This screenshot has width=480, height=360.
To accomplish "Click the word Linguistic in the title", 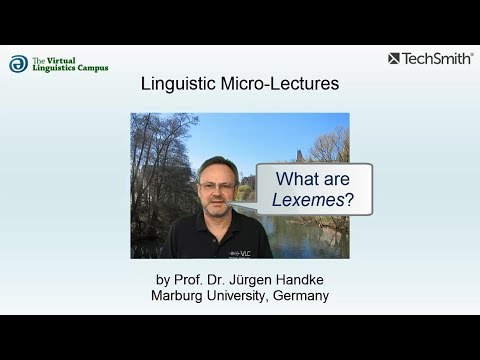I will (177, 84).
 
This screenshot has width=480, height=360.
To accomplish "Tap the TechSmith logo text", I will (439, 59).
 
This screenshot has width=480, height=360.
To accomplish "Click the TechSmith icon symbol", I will (395, 59).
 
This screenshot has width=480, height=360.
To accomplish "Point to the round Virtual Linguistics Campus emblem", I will (18, 64).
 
